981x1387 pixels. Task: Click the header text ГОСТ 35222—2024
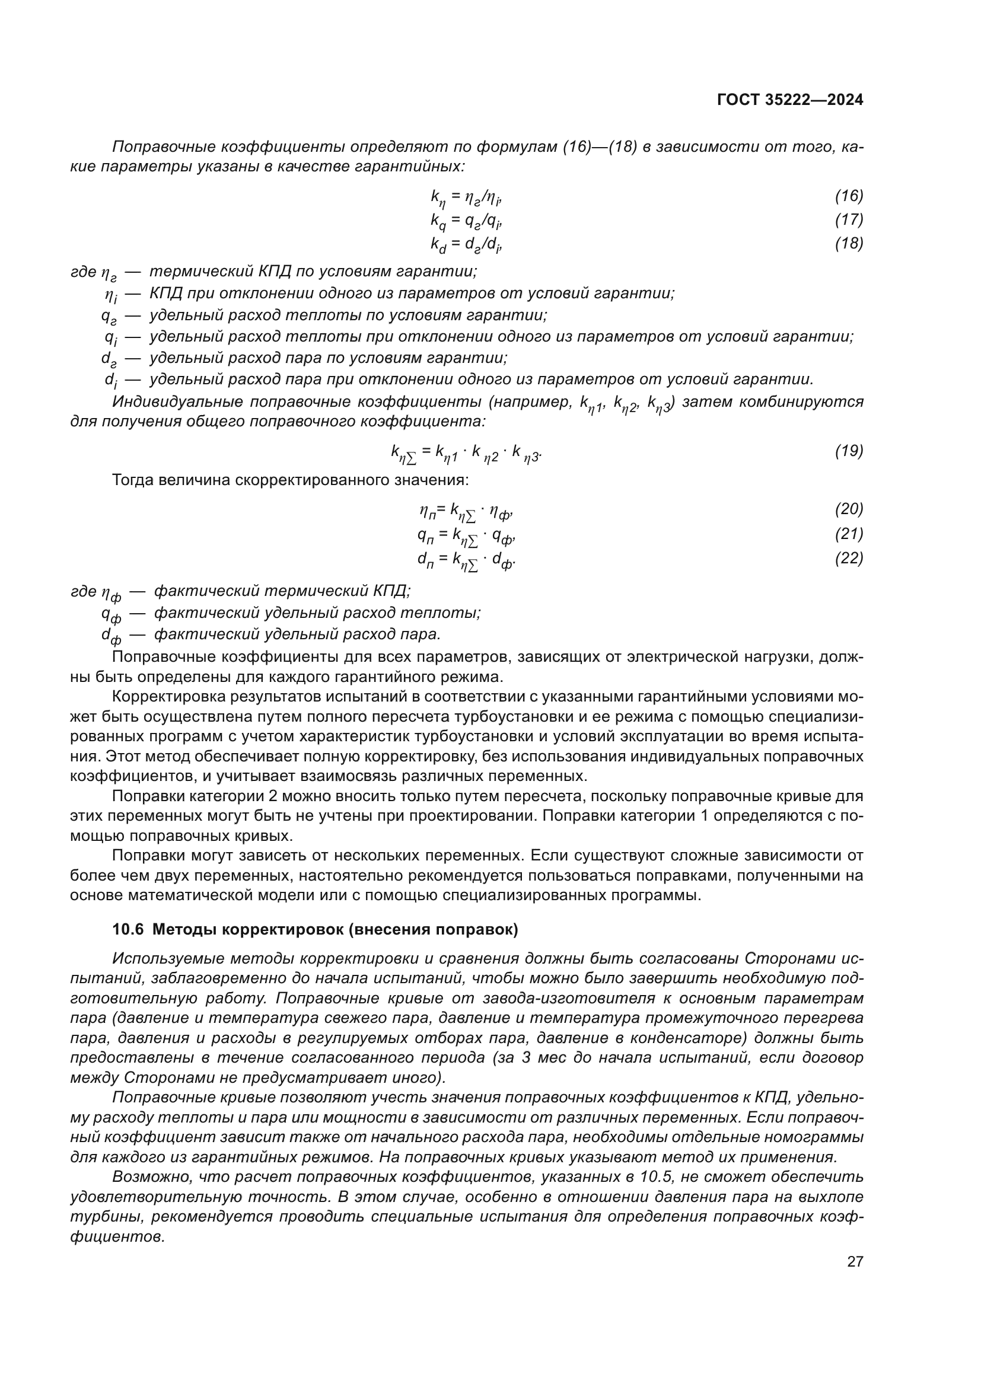789,100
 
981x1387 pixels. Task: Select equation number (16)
849,196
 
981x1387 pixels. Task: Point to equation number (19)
849,451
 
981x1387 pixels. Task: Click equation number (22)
849,558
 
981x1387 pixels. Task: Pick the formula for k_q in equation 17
466,221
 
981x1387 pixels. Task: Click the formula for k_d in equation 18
466,245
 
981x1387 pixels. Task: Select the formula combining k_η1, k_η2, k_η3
466,452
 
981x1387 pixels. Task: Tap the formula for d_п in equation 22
466,560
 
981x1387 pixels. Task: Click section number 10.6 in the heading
128,930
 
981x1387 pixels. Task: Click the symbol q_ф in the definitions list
111,614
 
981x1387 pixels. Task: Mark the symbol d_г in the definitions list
109,359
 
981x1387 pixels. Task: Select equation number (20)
849,509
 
